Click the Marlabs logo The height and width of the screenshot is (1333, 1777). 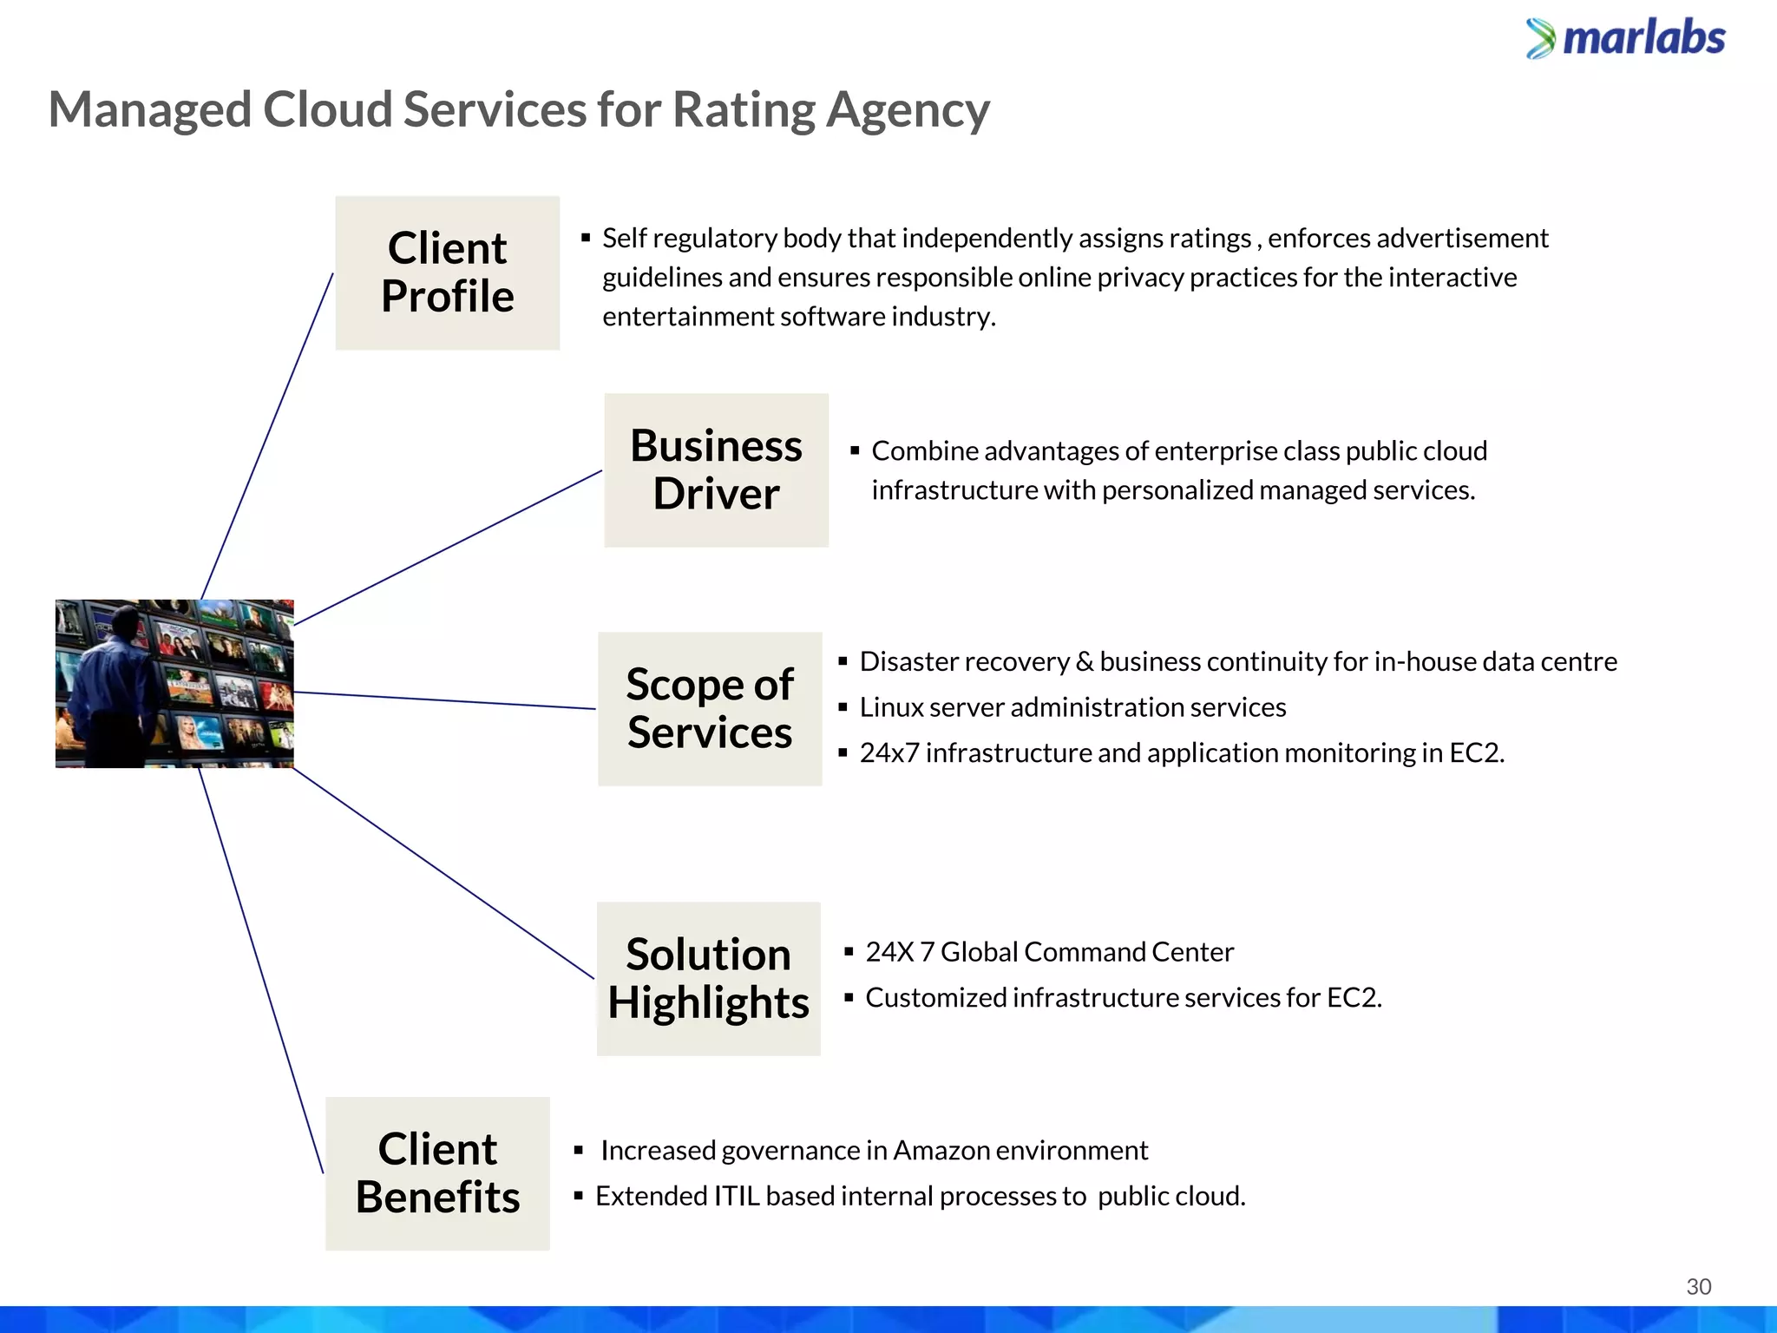click(x=1626, y=38)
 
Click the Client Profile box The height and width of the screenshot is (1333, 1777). click(x=447, y=273)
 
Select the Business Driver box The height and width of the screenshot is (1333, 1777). click(x=716, y=470)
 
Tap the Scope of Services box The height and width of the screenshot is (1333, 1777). click(x=710, y=709)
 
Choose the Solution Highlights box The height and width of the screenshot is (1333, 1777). click(x=708, y=978)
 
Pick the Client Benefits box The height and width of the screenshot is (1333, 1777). click(x=437, y=1173)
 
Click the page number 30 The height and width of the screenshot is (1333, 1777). click(x=1698, y=1286)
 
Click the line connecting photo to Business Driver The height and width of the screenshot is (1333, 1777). click(x=447, y=548)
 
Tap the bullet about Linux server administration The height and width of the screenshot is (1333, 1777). click(x=1072, y=707)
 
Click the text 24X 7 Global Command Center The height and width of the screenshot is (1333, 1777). click(x=1048, y=952)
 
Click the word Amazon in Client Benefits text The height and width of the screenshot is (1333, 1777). click(x=941, y=1151)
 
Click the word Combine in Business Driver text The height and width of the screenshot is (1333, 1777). click(x=924, y=451)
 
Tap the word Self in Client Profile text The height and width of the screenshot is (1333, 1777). click(x=624, y=238)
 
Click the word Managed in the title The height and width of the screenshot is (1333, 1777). click(x=149, y=110)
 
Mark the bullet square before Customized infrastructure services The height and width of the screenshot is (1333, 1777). click(x=849, y=998)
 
